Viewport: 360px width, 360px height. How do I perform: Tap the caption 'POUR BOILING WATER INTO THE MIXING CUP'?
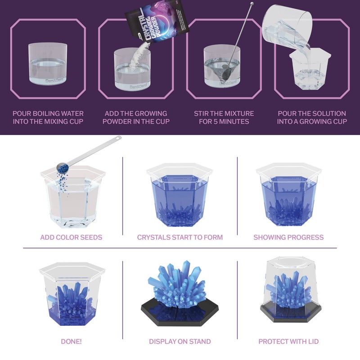coord(48,117)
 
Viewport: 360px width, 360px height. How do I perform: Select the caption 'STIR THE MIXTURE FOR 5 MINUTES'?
coord(224,117)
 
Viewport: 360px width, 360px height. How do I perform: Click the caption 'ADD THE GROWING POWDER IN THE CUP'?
coord(136,117)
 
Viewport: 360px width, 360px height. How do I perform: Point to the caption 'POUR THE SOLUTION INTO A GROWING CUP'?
coord(312,117)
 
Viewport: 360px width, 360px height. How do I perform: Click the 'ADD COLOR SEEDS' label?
coord(71,237)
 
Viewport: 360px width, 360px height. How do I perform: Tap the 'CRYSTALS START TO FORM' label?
coord(180,237)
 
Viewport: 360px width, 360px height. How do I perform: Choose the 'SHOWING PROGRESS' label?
coord(288,237)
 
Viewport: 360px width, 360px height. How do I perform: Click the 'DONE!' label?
coord(71,342)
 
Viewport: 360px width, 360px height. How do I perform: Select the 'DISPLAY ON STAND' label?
coord(180,342)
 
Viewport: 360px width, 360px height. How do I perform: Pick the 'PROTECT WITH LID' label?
coord(288,342)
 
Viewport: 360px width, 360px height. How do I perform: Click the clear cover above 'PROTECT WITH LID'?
coord(289,286)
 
